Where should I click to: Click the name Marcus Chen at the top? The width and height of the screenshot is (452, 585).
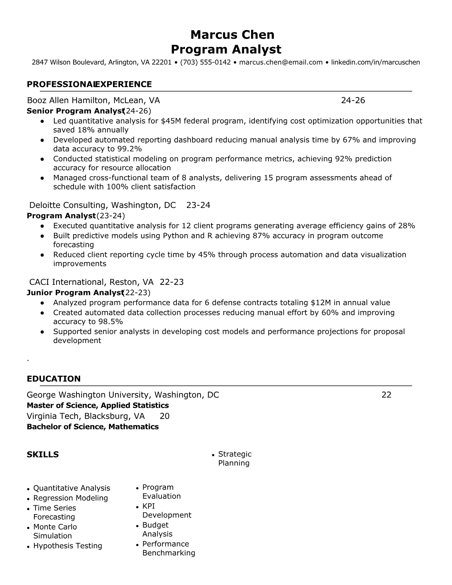click(x=232, y=35)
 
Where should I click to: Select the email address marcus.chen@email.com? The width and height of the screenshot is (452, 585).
click(x=281, y=62)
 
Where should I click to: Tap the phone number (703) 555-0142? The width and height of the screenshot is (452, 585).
click(x=205, y=62)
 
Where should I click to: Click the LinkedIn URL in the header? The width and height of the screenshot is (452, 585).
click(x=375, y=62)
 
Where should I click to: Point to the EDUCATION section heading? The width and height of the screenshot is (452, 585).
click(x=54, y=379)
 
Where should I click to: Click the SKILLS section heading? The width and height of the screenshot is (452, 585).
click(x=42, y=455)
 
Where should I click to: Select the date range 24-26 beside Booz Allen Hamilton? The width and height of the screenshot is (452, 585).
click(x=353, y=100)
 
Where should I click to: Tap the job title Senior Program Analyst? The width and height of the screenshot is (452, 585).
click(x=75, y=111)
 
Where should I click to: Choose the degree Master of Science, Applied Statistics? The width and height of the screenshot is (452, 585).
click(x=98, y=406)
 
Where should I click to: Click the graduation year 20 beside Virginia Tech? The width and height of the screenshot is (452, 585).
click(x=164, y=416)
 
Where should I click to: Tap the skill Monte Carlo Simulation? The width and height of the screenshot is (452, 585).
click(x=55, y=531)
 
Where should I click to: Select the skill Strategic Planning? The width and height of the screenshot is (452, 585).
click(x=234, y=459)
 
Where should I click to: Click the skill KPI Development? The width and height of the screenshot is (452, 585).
click(x=167, y=511)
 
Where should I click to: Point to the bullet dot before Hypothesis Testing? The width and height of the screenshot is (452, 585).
click(x=28, y=547)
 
